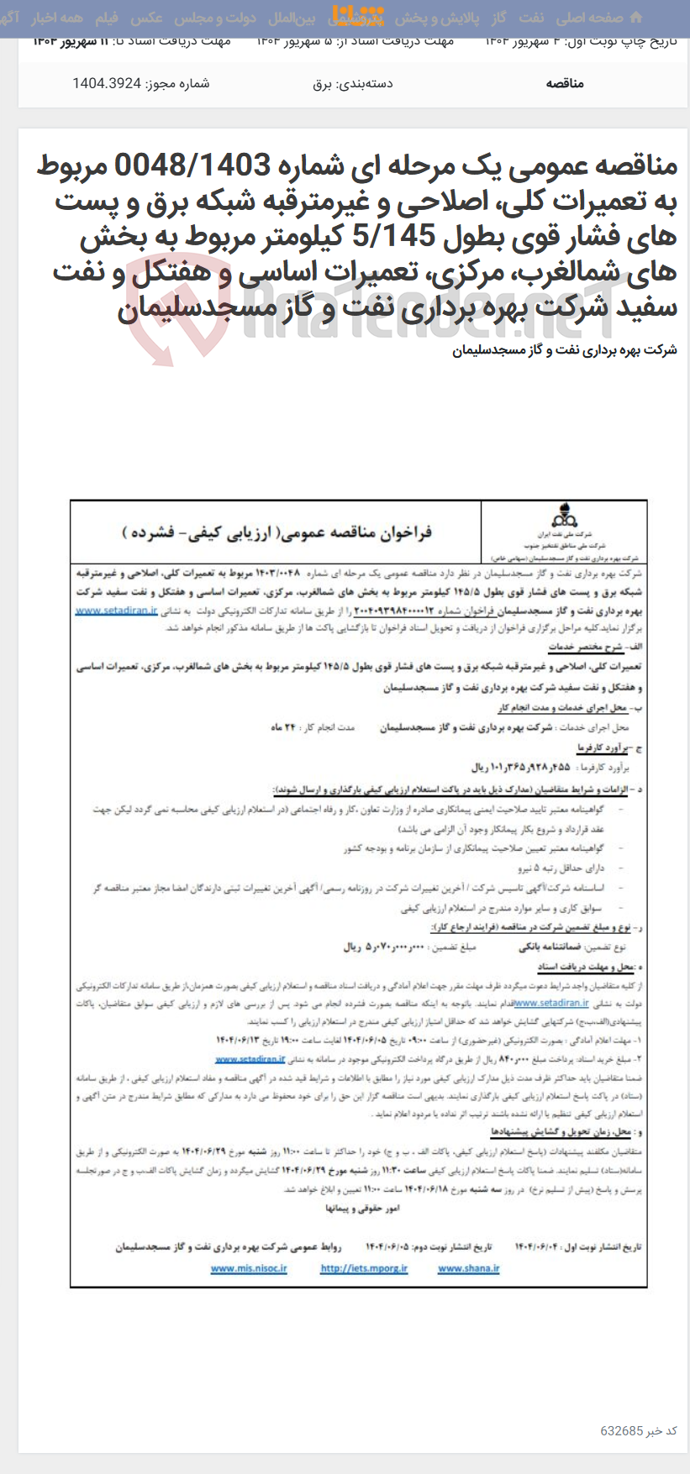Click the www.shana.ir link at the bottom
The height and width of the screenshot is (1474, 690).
(468, 1268)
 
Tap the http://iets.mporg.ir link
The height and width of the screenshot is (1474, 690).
(364, 1268)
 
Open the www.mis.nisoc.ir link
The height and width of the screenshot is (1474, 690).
(249, 1268)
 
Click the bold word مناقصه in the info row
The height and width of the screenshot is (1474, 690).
(565, 83)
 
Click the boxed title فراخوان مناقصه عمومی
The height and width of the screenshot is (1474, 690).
(277, 532)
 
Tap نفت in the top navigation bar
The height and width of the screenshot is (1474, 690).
(530, 18)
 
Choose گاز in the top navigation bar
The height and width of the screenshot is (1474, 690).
(499, 18)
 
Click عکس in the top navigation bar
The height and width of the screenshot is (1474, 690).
(147, 18)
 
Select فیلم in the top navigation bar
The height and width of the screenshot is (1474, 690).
(107, 18)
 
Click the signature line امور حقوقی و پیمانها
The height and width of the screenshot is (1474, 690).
(362, 1208)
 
